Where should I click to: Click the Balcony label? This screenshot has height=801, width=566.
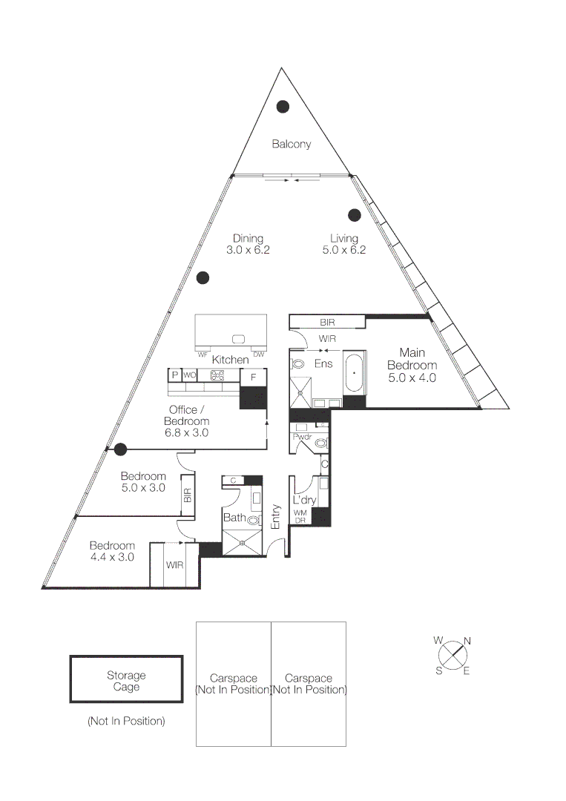[291, 144]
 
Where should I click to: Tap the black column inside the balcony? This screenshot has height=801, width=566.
[283, 107]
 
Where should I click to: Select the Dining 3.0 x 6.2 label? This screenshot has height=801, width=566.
[248, 244]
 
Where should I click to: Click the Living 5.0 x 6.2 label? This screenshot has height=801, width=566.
[344, 244]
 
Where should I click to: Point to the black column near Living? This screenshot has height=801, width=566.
[355, 215]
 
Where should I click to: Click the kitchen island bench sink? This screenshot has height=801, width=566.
[239, 339]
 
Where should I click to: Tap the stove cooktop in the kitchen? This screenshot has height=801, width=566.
[217, 375]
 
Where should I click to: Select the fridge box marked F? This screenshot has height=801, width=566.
[253, 377]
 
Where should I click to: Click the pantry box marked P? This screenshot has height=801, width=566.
[175, 375]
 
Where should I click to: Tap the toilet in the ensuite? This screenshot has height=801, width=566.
[298, 364]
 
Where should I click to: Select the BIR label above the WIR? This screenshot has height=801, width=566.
[327, 323]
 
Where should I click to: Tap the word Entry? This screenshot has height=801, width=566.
[276, 516]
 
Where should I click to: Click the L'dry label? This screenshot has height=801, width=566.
[304, 501]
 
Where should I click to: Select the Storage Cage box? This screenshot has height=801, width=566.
[126, 679]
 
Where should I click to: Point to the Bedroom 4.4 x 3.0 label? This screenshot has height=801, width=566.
[112, 551]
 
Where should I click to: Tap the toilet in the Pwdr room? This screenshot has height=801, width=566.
[320, 444]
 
